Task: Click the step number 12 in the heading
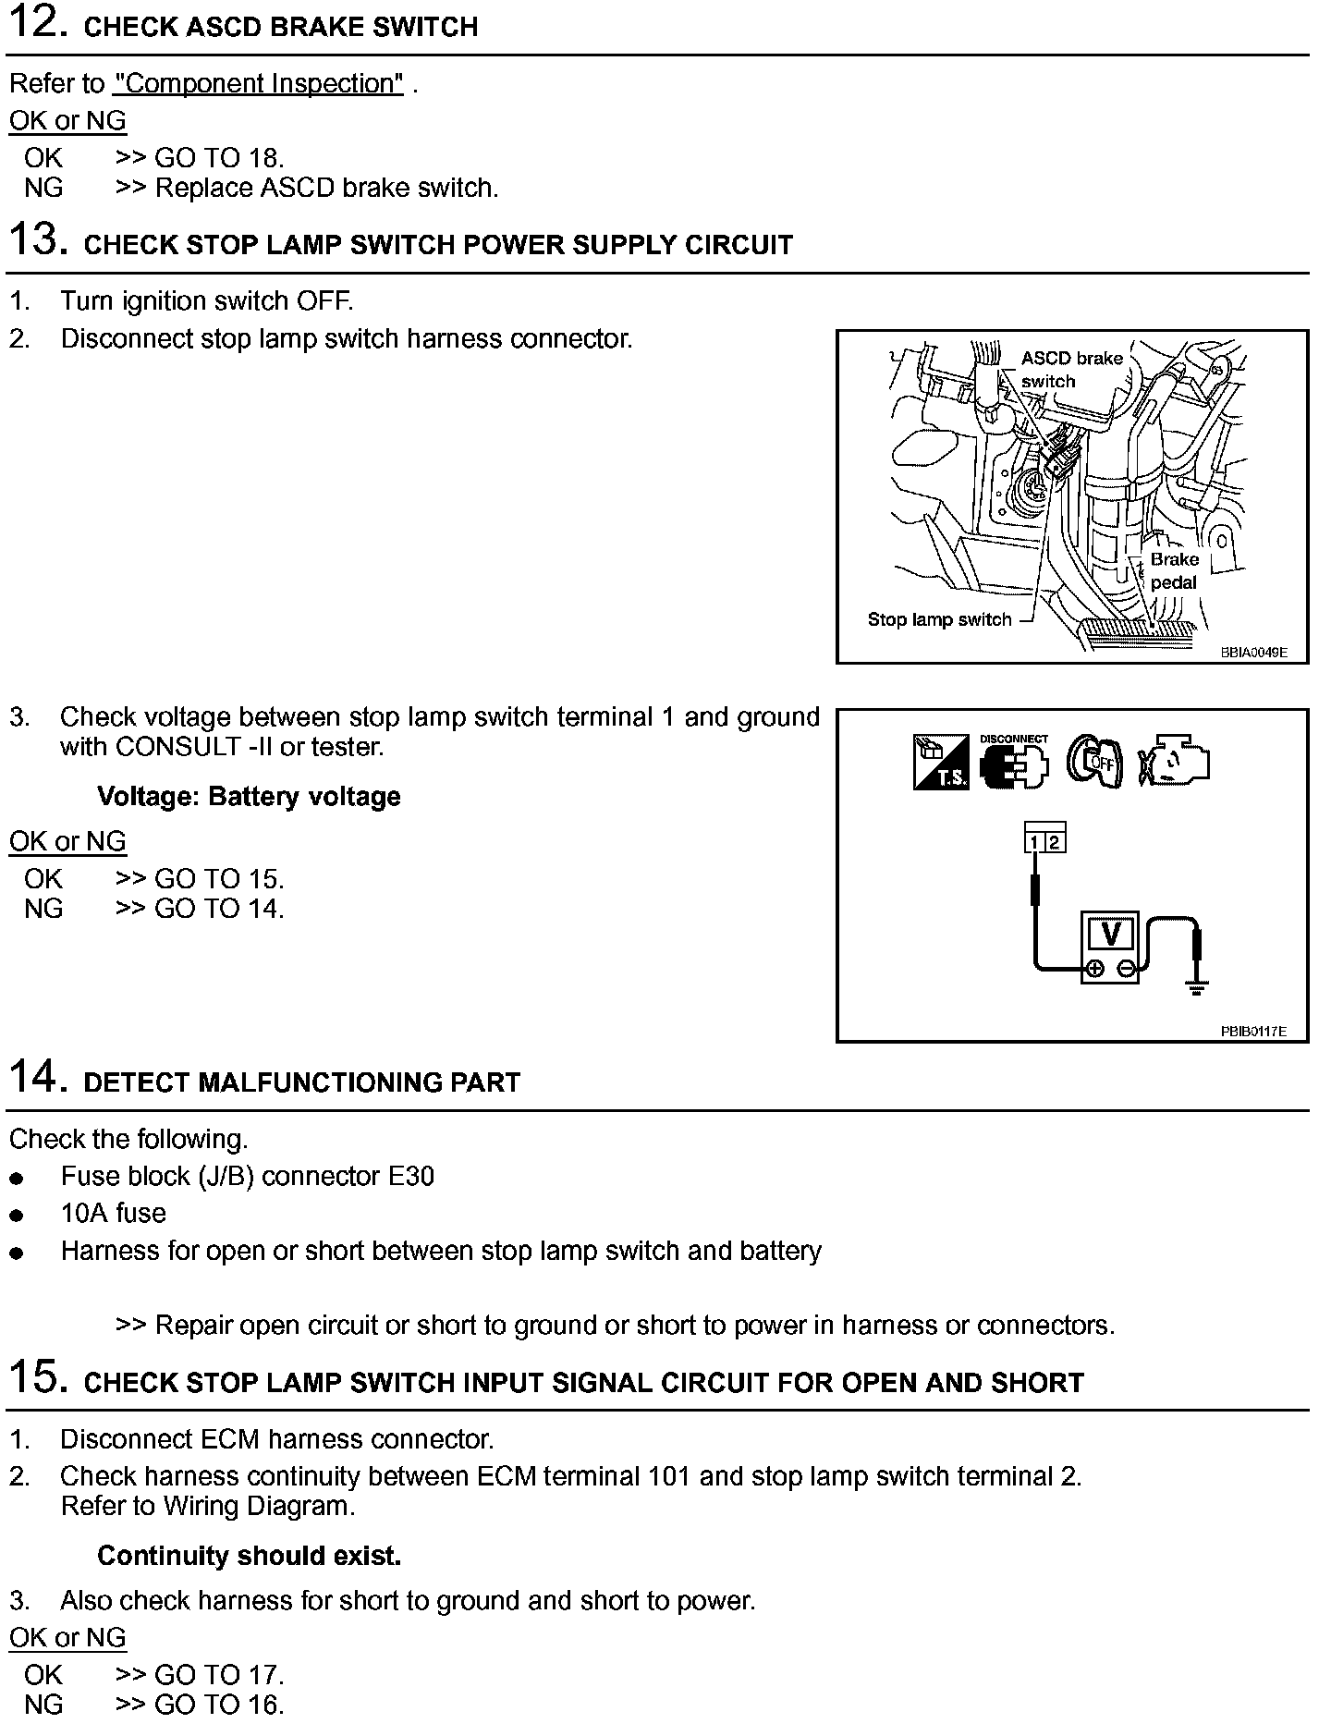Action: click(x=36, y=23)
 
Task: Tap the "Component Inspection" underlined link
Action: click(x=258, y=83)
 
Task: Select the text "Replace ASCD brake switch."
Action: click(x=326, y=188)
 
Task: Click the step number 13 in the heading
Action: click(x=36, y=239)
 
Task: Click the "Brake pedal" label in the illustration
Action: click(x=1174, y=570)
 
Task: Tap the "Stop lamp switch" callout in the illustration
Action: click(x=939, y=619)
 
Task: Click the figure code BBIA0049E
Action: click(x=1252, y=652)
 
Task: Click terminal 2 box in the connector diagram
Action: click(x=1055, y=842)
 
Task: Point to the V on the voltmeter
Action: click(x=1111, y=934)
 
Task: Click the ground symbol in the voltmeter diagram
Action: click(x=1197, y=989)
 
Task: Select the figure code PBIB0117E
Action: click(x=1252, y=1031)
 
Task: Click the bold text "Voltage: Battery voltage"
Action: click(x=249, y=797)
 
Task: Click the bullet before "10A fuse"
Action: click(x=16, y=1216)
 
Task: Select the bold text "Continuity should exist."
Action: click(x=249, y=1556)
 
